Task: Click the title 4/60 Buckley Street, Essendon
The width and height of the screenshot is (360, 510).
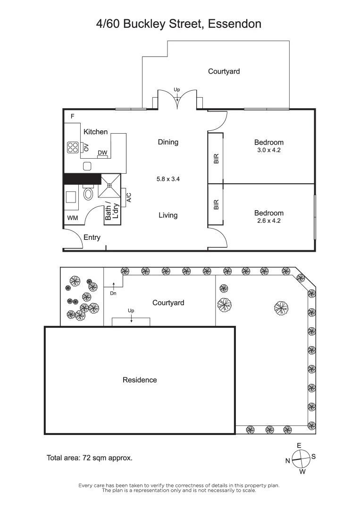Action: coord(179,24)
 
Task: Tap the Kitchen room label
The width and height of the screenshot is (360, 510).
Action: coord(95,132)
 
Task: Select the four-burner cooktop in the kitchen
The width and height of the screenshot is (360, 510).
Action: coord(73,147)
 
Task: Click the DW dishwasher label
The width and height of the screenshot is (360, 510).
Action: coord(102,153)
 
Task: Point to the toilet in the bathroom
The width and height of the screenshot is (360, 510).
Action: coord(88,193)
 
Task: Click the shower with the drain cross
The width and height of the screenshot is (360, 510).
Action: coord(109,186)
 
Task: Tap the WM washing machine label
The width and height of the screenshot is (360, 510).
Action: coord(72,218)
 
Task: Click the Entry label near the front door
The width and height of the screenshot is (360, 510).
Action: coord(92,237)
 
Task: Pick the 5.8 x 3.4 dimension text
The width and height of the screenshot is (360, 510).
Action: coord(168,179)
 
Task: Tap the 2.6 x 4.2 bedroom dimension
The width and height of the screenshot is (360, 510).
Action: coord(268,221)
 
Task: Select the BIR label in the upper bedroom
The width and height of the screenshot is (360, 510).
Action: coord(216,158)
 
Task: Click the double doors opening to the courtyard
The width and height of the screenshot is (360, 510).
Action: coord(177,100)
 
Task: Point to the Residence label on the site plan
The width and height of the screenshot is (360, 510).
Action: coord(140,380)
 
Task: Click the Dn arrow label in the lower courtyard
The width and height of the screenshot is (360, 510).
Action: coord(113,293)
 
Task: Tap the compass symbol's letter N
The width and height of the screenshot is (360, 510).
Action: coord(287,461)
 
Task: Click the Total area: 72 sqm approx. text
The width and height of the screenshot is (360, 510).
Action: coord(89,458)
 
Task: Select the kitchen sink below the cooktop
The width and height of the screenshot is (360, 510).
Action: coord(87,166)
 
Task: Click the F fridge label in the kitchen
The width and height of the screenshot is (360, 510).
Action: coord(73,116)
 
